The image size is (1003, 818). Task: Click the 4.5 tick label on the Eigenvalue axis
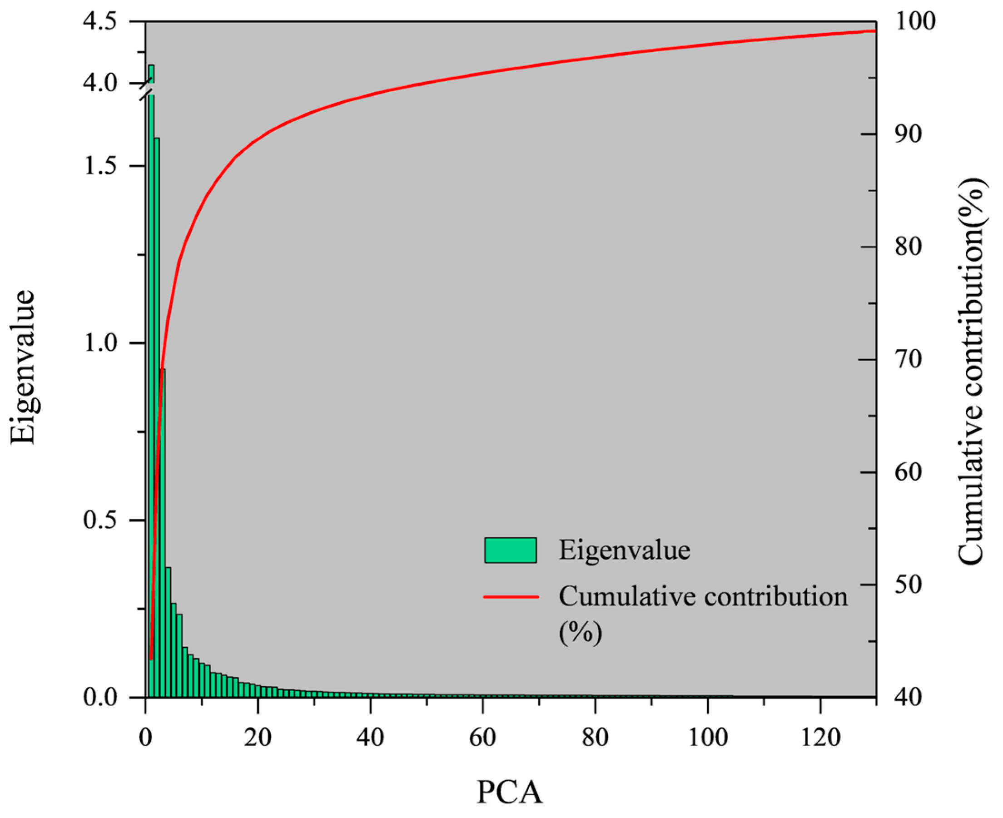[100, 23]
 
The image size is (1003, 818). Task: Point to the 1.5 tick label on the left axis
[100, 166]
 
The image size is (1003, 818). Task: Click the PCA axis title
[510, 792]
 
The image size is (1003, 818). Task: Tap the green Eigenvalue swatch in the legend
[511, 550]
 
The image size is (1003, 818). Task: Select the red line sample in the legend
[511, 596]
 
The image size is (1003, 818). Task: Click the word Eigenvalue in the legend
[625, 550]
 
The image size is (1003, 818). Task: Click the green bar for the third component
[162, 532]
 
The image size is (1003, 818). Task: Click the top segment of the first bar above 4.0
[151, 74]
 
